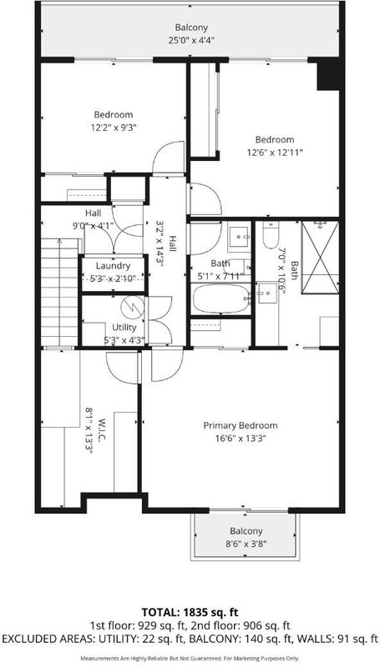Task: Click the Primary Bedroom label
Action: coord(241,426)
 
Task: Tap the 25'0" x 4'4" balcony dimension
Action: coord(191,41)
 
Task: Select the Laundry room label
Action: coord(113,266)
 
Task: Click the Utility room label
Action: coord(124,328)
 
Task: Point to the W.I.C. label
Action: coord(101,429)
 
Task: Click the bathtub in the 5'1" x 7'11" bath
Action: coord(220,299)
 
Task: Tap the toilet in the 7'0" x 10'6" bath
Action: coord(271,235)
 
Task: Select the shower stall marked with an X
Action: coord(321,258)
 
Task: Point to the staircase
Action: coord(60,293)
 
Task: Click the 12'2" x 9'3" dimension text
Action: coord(114,127)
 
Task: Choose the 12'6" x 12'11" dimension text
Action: coord(275,153)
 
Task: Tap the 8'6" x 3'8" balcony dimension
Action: coord(246,544)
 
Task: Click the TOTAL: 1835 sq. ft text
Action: coord(190,613)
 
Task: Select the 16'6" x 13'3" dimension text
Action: coord(241,439)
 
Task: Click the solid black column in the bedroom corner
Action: coord(328,73)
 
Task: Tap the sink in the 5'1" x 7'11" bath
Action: coord(239,236)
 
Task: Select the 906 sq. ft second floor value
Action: coord(261,626)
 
